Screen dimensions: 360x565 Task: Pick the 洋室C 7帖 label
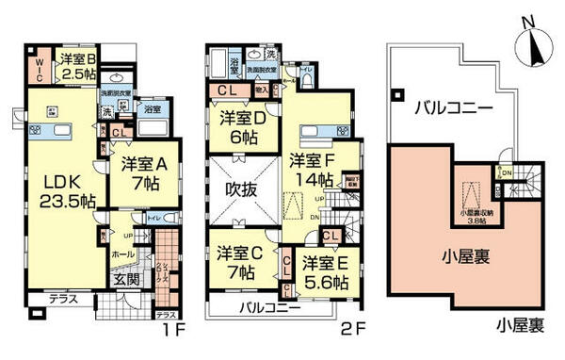pos(238,263)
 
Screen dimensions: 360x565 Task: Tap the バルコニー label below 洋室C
pos(269,309)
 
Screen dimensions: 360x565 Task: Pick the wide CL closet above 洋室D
pos(227,90)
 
